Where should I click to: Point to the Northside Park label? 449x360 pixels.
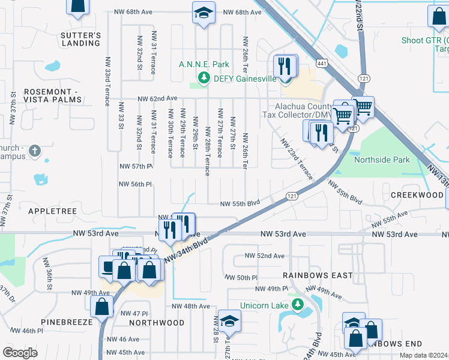tap(382, 160)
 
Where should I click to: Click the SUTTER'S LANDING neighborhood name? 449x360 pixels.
tap(80, 39)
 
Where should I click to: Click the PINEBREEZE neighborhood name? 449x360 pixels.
tap(67, 322)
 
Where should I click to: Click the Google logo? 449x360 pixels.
tap(20, 353)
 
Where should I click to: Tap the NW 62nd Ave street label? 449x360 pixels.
tap(157, 98)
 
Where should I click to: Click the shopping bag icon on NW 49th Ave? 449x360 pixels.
tap(101, 306)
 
